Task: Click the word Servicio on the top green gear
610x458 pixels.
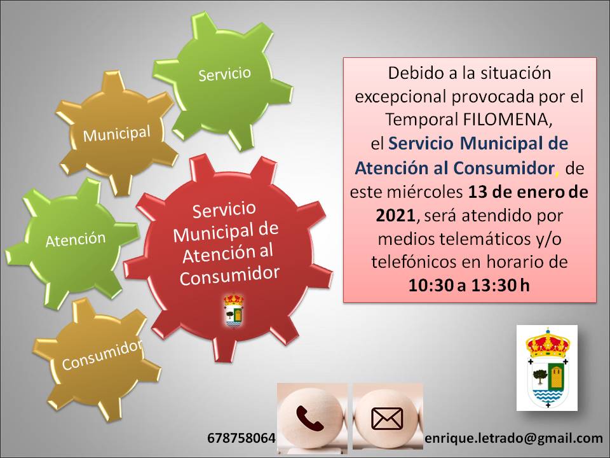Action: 224,74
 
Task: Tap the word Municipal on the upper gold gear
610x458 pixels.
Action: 117,134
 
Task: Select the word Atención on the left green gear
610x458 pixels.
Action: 76,239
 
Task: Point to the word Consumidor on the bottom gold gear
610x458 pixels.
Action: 102,355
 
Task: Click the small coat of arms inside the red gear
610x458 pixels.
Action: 233,310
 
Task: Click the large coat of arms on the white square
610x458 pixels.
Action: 547,368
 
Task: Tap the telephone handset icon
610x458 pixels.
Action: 310,419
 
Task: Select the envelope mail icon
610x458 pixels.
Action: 387,419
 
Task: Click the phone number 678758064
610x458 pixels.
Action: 241,438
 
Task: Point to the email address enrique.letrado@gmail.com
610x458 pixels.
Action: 514,438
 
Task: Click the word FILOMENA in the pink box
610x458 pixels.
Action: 507,120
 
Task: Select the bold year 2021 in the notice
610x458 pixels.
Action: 396,216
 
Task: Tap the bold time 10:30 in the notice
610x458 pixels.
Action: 431,286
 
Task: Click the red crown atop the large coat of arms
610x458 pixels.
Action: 547,343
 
